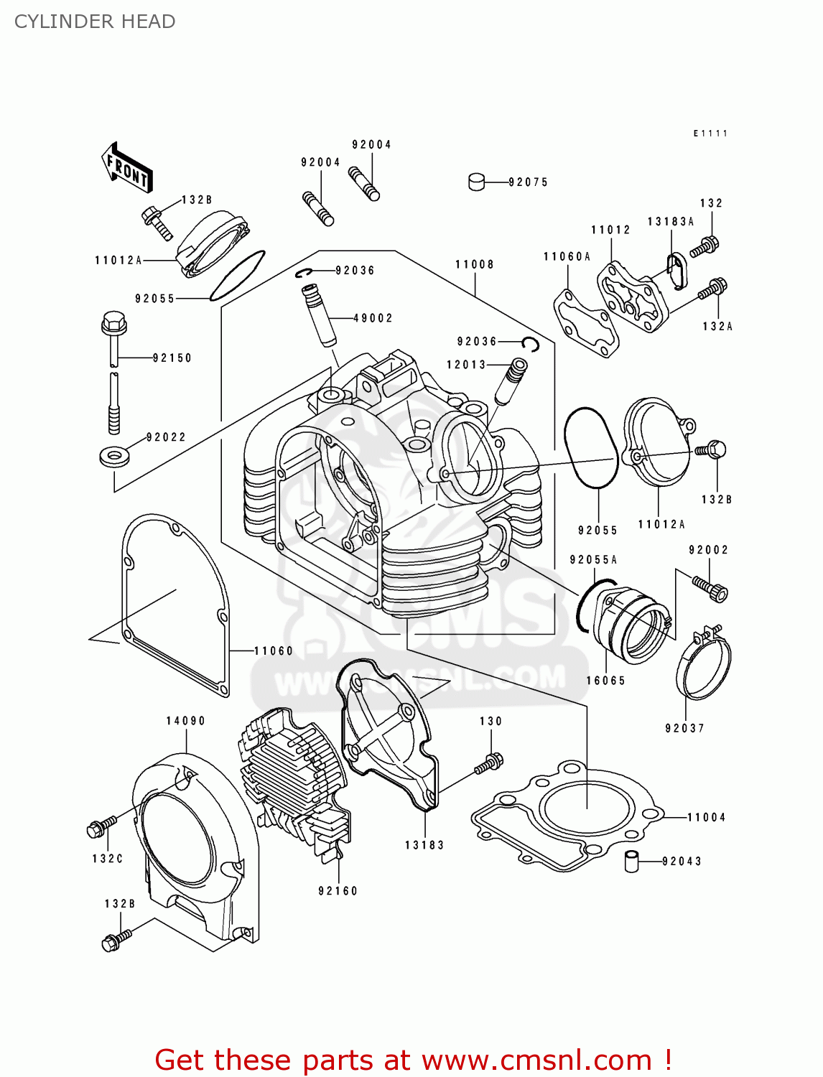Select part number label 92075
[528, 182]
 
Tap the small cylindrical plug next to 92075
[477, 182]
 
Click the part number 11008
[475, 264]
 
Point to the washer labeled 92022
[113, 456]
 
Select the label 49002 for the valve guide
[373, 318]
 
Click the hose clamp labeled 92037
[702, 664]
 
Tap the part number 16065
[605, 681]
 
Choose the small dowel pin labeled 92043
[631, 860]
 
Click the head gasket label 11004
[706, 817]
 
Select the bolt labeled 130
[489, 763]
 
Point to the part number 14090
[186, 721]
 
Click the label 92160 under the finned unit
[338, 891]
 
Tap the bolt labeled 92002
[711, 588]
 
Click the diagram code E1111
[710, 134]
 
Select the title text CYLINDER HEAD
[95, 22]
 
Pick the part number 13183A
[670, 222]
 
